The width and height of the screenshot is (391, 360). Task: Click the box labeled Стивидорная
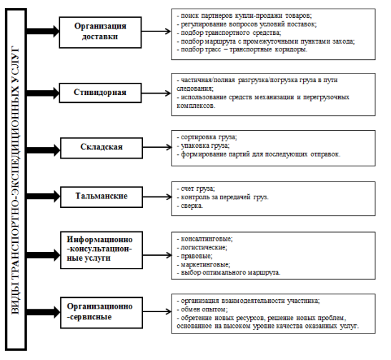[100, 93]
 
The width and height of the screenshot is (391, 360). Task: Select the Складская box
[102, 148]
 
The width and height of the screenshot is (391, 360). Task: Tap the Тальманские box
[102, 197]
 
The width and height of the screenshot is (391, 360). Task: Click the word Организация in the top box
[100, 26]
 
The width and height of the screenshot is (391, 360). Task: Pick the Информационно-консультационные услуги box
[102, 250]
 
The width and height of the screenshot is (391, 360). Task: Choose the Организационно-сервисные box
[102, 312]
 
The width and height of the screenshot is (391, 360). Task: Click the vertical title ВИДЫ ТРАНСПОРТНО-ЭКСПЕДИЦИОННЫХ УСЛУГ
[16, 180]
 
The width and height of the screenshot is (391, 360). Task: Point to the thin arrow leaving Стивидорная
[157, 93]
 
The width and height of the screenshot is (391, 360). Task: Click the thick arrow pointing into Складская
[43, 150]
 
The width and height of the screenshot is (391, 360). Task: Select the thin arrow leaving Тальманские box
[157, 197]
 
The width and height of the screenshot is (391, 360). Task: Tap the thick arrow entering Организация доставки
[43, 31]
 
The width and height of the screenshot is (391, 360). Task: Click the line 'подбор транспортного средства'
[229, 33]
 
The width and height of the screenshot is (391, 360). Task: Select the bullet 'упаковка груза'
[203, 146]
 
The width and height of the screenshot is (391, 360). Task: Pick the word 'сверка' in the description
[192, 206]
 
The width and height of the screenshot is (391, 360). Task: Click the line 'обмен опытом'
[202, 310]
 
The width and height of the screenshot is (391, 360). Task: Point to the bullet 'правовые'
[194, 256]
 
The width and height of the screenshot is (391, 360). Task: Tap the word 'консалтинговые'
[207, 239]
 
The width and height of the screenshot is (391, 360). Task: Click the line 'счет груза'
[196, 189]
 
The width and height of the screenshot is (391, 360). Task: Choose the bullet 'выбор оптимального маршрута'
[229, 273]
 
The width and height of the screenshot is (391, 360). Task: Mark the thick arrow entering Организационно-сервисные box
[43, 312]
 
